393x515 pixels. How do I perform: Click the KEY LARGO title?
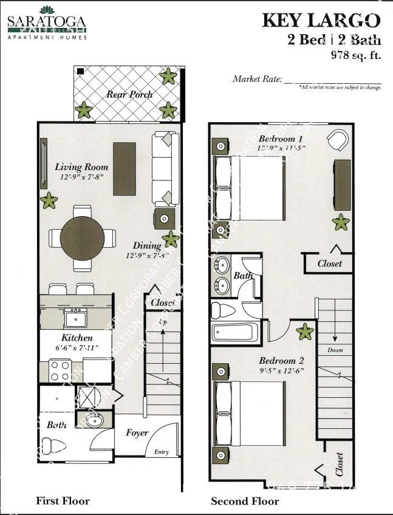click(321, 21)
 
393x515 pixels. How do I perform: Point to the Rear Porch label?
click(129, 94)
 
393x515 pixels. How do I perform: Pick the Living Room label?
click(81, 167)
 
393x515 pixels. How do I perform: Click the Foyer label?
click(137, 433)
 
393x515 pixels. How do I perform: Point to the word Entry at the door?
click(162, 452)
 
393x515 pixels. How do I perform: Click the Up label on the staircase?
click(162, 321)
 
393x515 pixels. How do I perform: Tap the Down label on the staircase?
click(335, 350)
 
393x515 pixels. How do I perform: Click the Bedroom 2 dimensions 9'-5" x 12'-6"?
click(281, 370)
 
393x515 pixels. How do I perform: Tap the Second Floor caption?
click(245, 501)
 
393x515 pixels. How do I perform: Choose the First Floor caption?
click(63, 501)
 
